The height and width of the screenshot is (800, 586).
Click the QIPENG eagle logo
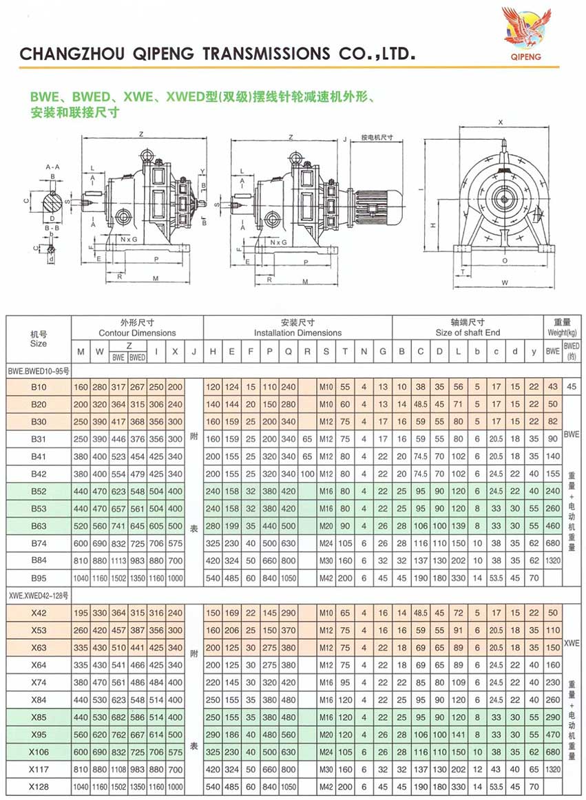click(526, 30)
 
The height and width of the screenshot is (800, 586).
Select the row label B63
click(39, 526)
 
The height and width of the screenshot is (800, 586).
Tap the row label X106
click(39, 752)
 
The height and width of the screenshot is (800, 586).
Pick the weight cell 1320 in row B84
click(553, 560)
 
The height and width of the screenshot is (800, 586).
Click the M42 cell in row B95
click(326, 578)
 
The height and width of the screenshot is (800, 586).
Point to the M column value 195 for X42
click(81, 613)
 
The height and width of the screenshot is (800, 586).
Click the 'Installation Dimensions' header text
click(297, 333)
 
